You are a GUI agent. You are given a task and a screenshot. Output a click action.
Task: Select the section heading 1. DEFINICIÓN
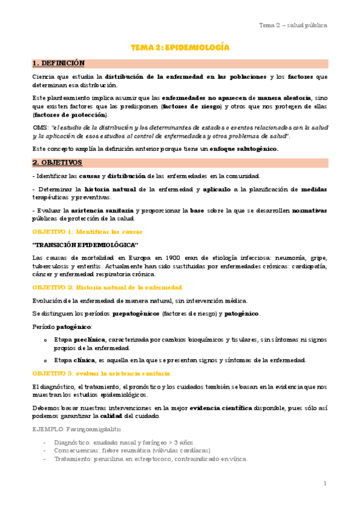pos(58,63)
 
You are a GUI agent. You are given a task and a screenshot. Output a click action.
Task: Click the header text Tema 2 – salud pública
pos(293,25)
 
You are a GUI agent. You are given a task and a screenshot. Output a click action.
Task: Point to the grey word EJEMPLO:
pos(47,431)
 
